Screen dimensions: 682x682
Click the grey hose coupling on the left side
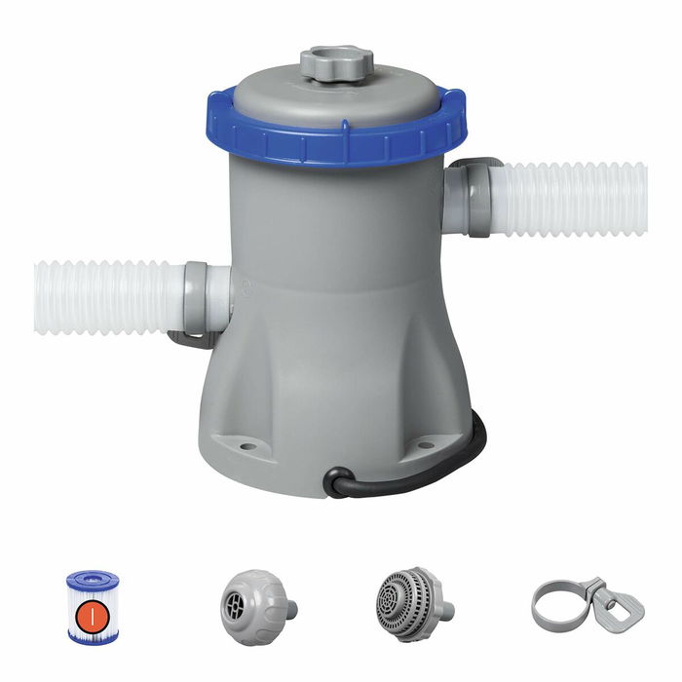pos(201,297)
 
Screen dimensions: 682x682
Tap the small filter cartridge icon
pos(93,606)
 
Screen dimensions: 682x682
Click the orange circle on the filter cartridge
pos(92,615)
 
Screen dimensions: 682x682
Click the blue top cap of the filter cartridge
pos(93,582)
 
